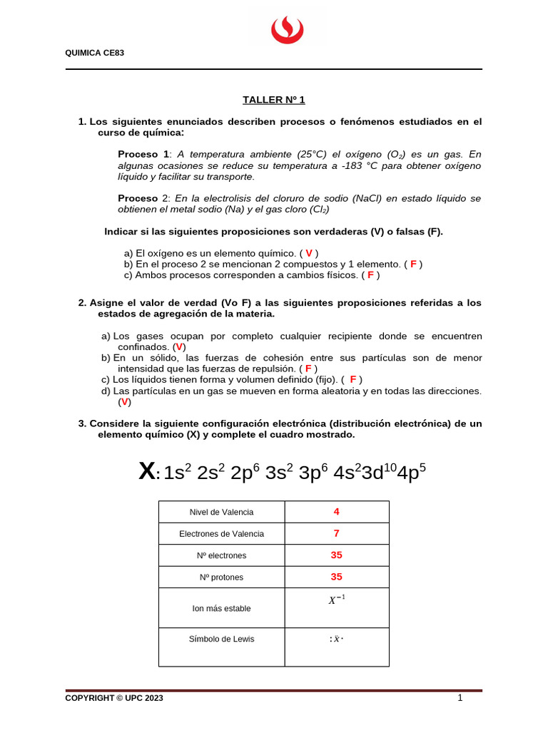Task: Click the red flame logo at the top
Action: pos(287,31)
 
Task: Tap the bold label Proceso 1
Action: pos(143,154)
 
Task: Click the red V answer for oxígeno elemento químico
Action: pos(309,253)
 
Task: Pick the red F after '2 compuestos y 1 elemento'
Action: pos(413,264)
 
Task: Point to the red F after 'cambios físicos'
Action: pos(370,274)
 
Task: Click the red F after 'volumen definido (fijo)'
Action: pos(353,380)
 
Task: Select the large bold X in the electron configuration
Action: pos(146,471)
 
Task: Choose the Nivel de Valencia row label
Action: pos(221,512)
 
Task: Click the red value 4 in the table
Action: pos(336,512)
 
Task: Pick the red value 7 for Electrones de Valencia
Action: pos(336,533)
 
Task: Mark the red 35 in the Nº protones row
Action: pos(336,577)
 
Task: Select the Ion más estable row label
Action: pos(221,608)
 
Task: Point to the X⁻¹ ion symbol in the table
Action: pos(336,600)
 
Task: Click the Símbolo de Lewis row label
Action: pos(221,639)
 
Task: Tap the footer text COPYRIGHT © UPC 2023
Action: pos(113,699)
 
